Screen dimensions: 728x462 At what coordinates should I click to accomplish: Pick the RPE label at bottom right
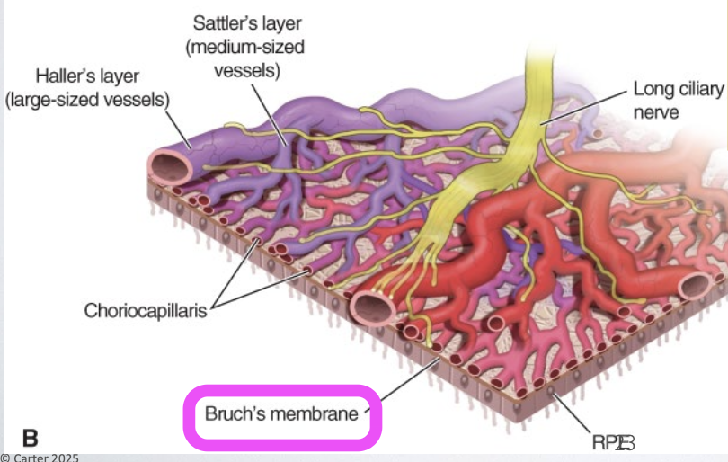point(612,441)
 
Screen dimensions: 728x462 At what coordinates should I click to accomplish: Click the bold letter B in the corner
point(30,438)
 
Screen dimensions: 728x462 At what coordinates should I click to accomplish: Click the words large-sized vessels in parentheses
point(87,100)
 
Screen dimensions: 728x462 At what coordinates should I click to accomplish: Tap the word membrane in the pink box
point(318,414)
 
